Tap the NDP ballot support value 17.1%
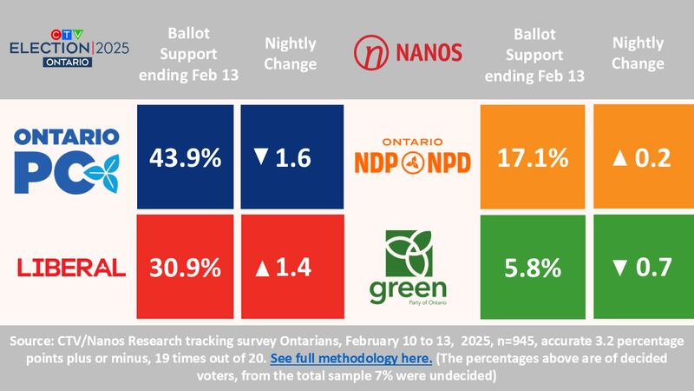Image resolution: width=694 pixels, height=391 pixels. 534,157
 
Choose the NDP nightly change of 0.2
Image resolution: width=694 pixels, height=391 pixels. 642,157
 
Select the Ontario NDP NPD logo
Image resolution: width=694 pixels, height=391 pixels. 413,157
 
